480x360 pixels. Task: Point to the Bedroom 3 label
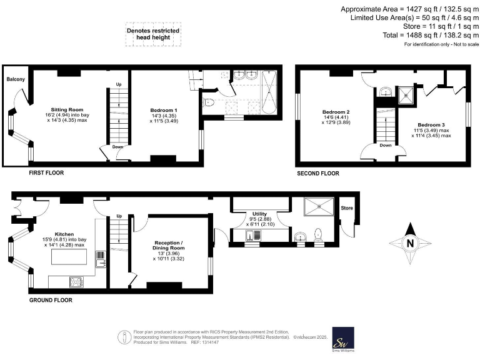431,125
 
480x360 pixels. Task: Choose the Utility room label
259,213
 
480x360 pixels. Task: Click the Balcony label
16,79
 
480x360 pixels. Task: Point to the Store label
346,207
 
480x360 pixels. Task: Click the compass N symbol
409,244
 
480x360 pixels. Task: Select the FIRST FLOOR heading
47,172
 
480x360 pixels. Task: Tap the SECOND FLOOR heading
317,173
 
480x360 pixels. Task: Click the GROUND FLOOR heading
51,300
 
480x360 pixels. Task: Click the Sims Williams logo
342,340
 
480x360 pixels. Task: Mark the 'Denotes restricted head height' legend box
153,33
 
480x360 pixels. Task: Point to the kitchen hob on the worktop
76,282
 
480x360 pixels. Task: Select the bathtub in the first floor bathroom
270,92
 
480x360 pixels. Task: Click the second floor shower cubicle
407,94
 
